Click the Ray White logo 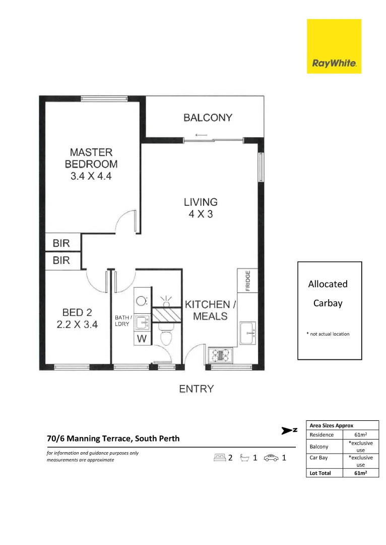point(334,46)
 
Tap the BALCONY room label point(208,118)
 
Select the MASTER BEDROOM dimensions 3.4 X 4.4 point(91,176)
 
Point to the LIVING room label point(201,202)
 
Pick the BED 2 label point(77,312)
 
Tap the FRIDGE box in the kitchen point(247,280)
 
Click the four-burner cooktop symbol point(220,355)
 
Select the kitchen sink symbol point(247,334)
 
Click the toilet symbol point(166,337)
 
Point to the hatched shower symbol point(167,314)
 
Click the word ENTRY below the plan point(197,389)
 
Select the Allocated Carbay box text point(328,293)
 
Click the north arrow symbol point(289,430)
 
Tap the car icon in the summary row point(271,458)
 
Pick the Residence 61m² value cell point(361,434)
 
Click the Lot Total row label point(320,473)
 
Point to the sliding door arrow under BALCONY point(202,135)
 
